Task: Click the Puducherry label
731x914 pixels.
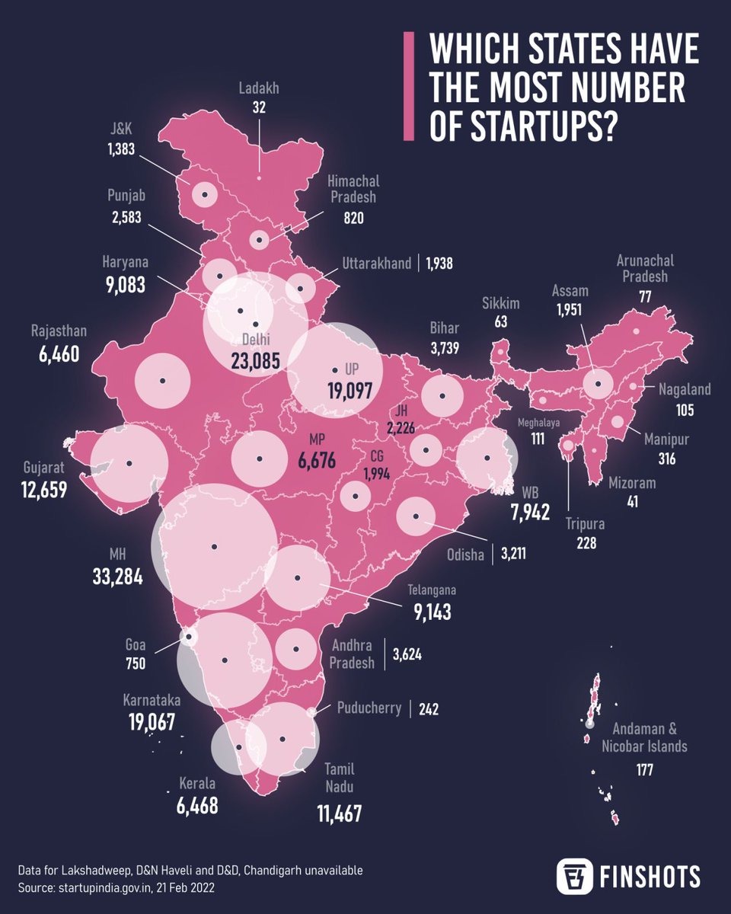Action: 369,708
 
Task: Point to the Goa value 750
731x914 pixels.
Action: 136,663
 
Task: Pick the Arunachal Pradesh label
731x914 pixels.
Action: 645,269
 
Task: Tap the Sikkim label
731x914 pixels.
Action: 500,304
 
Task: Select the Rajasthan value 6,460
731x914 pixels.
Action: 60,354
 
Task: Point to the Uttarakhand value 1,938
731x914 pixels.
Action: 439,264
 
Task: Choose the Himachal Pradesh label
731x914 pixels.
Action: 353,190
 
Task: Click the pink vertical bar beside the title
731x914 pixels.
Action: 408,86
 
